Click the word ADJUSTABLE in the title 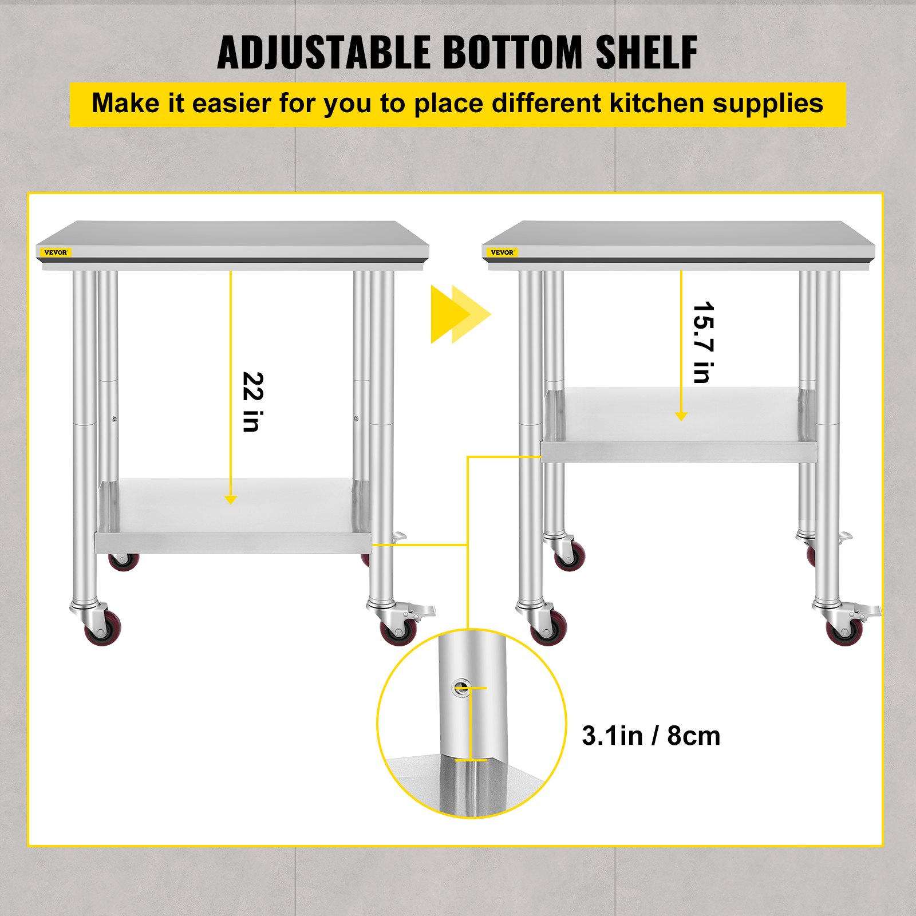[323, 53]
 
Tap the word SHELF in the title [646, 53]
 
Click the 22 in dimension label [252, 401]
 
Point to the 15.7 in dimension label [703, 342]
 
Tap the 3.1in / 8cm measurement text [651, 736]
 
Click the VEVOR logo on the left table [56, 252]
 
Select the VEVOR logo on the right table [502, 252]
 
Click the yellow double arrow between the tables [460, 314]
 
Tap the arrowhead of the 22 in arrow [231, 500]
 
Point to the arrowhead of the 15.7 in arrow [681, 416]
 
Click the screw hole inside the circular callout [460, 686]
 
